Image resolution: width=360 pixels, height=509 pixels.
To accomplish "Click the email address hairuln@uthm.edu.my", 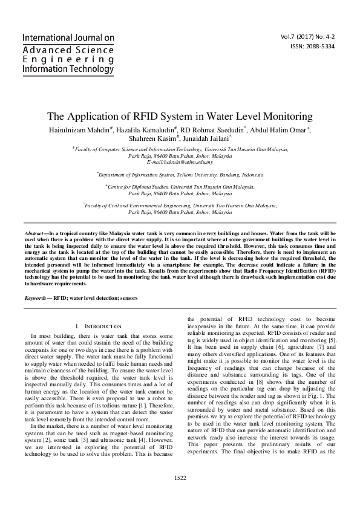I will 180,164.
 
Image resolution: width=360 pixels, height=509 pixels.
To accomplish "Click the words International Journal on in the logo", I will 68,37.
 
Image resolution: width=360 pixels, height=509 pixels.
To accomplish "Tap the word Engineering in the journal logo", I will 62,59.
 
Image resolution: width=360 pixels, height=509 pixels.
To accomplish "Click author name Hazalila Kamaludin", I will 147,129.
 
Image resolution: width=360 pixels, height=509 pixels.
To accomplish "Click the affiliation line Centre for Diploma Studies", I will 180,188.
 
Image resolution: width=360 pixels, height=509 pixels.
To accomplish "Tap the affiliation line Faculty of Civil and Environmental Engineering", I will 180,206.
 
